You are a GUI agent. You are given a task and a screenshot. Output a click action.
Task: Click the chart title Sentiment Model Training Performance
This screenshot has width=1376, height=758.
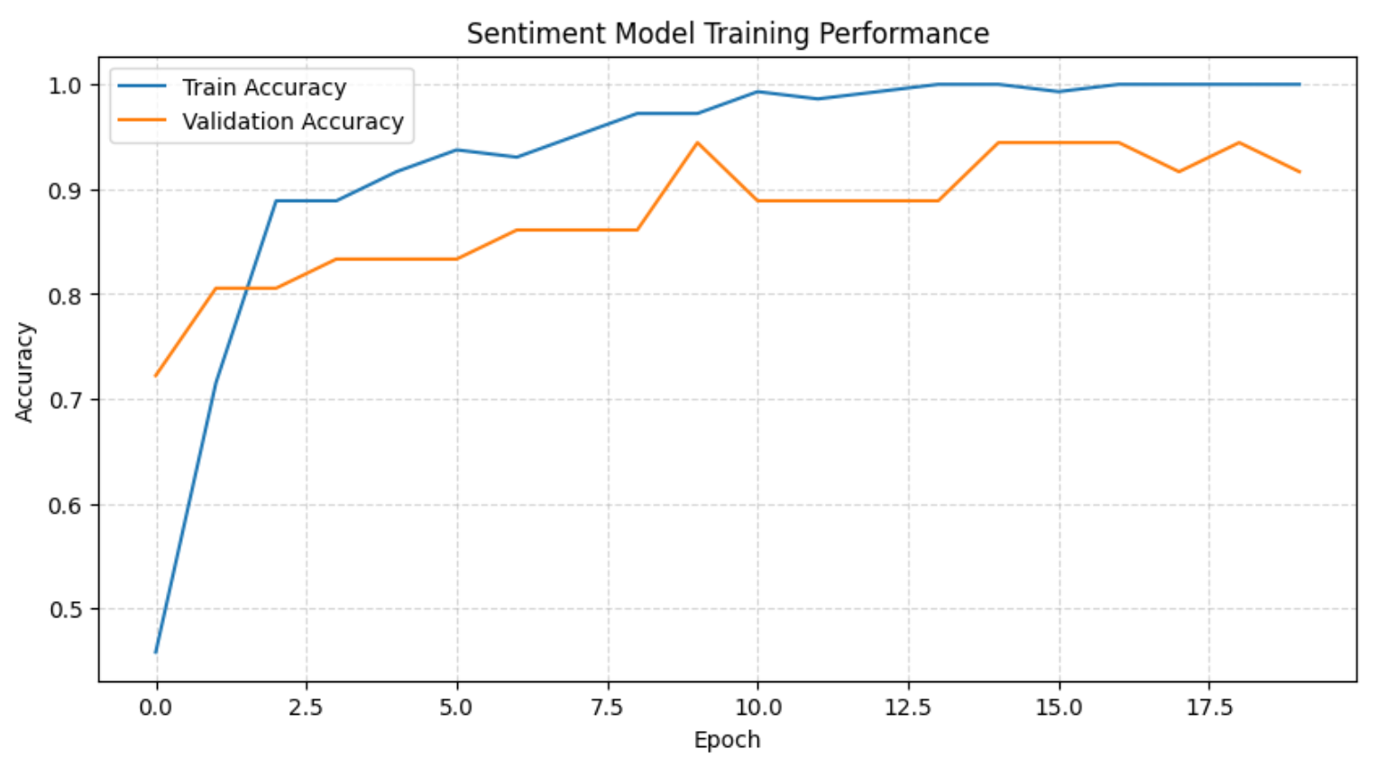click(728, 33)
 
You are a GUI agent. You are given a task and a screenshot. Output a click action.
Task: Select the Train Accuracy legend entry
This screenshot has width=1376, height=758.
click(264, 87)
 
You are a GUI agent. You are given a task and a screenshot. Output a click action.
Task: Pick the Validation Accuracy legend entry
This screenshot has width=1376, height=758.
click(292, 122)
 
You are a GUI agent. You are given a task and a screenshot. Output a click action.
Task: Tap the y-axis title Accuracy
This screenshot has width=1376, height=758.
click(24, 371)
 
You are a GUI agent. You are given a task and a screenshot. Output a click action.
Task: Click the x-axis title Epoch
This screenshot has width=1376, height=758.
click(727, 740)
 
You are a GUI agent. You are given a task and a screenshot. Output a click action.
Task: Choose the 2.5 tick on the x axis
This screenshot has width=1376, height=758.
click(306, 708)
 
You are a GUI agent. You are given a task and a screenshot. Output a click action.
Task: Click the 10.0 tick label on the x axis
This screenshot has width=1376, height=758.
click(757, 708)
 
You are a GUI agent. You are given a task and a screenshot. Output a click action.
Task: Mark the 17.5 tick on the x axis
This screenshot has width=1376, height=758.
click(1209, 708)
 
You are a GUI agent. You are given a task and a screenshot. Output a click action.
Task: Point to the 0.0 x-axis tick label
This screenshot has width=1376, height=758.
click(156, 708)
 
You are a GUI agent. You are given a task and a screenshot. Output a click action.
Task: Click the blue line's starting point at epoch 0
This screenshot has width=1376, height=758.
click(156, 652)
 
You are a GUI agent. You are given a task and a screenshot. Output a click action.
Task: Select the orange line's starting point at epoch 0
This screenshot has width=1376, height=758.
click(156, 376)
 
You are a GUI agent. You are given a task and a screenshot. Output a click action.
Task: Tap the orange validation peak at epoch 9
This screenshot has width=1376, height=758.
click(697, 142)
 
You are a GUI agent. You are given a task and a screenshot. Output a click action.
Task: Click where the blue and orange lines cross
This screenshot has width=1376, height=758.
click(244, 288)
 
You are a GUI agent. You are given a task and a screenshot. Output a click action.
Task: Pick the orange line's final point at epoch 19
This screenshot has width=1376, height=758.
click(1299, 171)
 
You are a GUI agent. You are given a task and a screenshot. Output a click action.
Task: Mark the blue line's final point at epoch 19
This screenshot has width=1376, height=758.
click(1299, 84)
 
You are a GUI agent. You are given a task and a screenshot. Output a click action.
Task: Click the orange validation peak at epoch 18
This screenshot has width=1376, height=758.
click(1239, 142)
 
